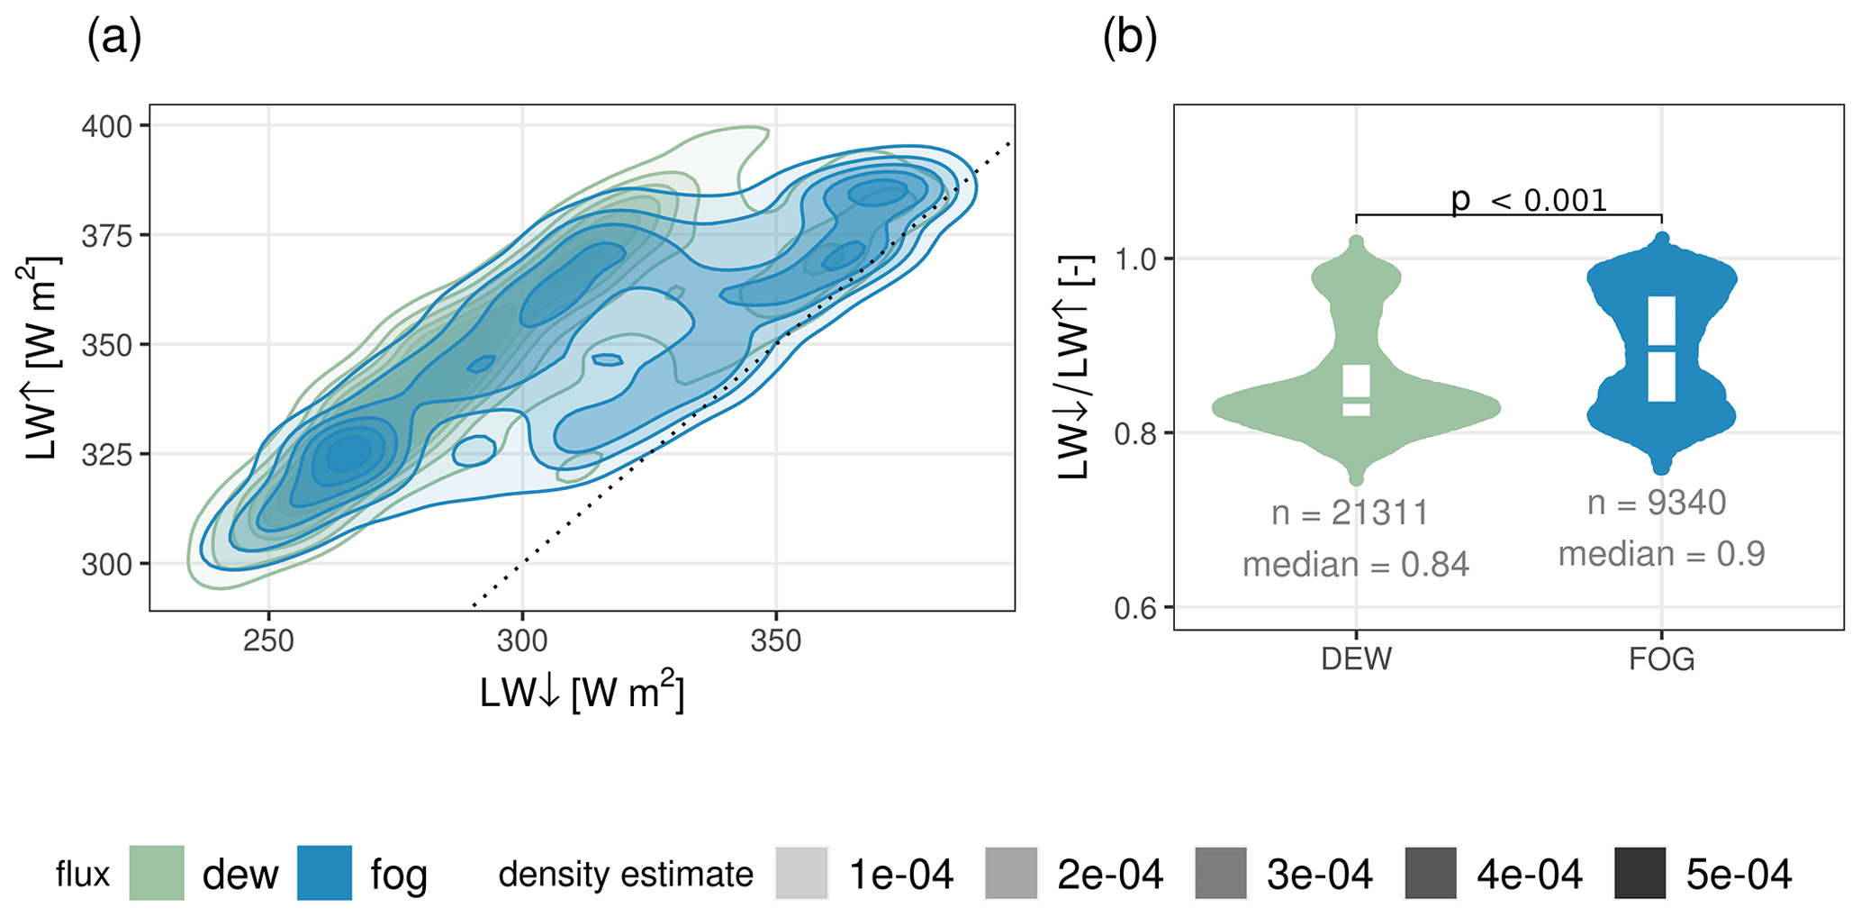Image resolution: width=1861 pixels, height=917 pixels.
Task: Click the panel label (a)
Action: (114, 41)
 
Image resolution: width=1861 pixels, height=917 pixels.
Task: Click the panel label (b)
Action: (1130, 41)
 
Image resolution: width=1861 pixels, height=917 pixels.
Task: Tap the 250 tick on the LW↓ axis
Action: (269, 641)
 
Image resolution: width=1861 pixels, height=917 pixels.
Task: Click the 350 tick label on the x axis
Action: (775, 641)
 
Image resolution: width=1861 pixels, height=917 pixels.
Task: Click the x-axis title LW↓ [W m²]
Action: (582, 694)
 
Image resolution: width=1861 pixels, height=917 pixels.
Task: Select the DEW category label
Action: (1356, 659)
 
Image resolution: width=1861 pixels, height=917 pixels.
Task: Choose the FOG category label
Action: (1661, 659)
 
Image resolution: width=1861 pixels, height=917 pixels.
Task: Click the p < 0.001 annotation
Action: (1529, 200)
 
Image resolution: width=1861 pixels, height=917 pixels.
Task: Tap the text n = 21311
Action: (1350, 513)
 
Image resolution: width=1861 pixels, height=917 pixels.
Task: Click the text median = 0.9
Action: (1661, 554)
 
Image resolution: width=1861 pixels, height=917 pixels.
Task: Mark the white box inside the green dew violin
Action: (1356, 390)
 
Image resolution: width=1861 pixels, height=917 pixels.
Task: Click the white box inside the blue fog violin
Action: (1662, 349)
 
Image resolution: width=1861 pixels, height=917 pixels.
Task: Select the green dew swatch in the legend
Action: (157, 873)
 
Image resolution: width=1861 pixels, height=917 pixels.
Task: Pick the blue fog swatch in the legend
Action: (324, 873)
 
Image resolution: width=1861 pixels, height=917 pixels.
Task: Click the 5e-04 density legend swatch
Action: (1640, 873)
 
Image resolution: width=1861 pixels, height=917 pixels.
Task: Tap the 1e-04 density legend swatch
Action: (800, 873)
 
